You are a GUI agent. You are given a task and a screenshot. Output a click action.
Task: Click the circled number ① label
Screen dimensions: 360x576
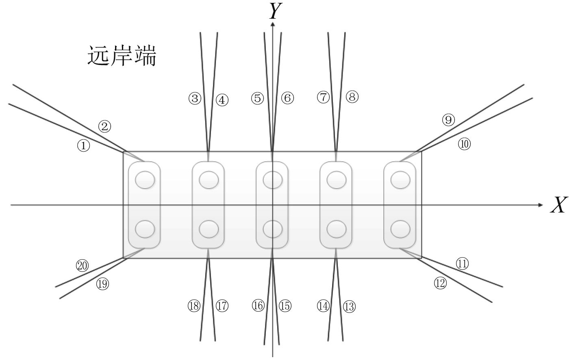click(83, 145)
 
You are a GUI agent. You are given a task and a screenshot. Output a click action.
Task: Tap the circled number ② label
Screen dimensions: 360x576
click(104, 127)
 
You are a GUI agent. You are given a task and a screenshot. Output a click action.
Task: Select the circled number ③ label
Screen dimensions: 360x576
click(195, 98)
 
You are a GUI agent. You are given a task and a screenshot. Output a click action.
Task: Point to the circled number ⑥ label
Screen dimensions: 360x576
click(287, 98)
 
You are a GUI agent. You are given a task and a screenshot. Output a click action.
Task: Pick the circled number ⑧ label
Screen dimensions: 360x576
click(352, 97)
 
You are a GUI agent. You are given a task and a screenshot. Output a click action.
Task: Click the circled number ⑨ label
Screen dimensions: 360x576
click(448, 120)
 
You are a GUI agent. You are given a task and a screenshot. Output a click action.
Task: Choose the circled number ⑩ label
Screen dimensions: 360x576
click(464, 144)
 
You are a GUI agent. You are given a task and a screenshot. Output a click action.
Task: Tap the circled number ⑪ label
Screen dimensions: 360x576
click(462, 264)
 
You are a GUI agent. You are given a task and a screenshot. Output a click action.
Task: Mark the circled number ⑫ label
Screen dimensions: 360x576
click(440, 283)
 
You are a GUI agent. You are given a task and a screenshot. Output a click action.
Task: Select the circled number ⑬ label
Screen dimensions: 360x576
click(349, 306)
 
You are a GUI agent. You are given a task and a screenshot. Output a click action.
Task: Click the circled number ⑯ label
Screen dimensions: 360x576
click(258, 306)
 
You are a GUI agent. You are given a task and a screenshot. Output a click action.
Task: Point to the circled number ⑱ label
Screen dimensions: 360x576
click(194, 306)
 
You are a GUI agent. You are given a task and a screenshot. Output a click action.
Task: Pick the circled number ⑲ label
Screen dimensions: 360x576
click(102, 284)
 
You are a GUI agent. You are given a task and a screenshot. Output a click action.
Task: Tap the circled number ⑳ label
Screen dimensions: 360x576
click(83, 266)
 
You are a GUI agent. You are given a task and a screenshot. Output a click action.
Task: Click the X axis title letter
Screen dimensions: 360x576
click(559, 206)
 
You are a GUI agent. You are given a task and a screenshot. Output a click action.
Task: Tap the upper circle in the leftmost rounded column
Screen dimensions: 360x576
click(145, 180)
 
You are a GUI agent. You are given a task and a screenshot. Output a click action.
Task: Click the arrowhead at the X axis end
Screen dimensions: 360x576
click(540, 205)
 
